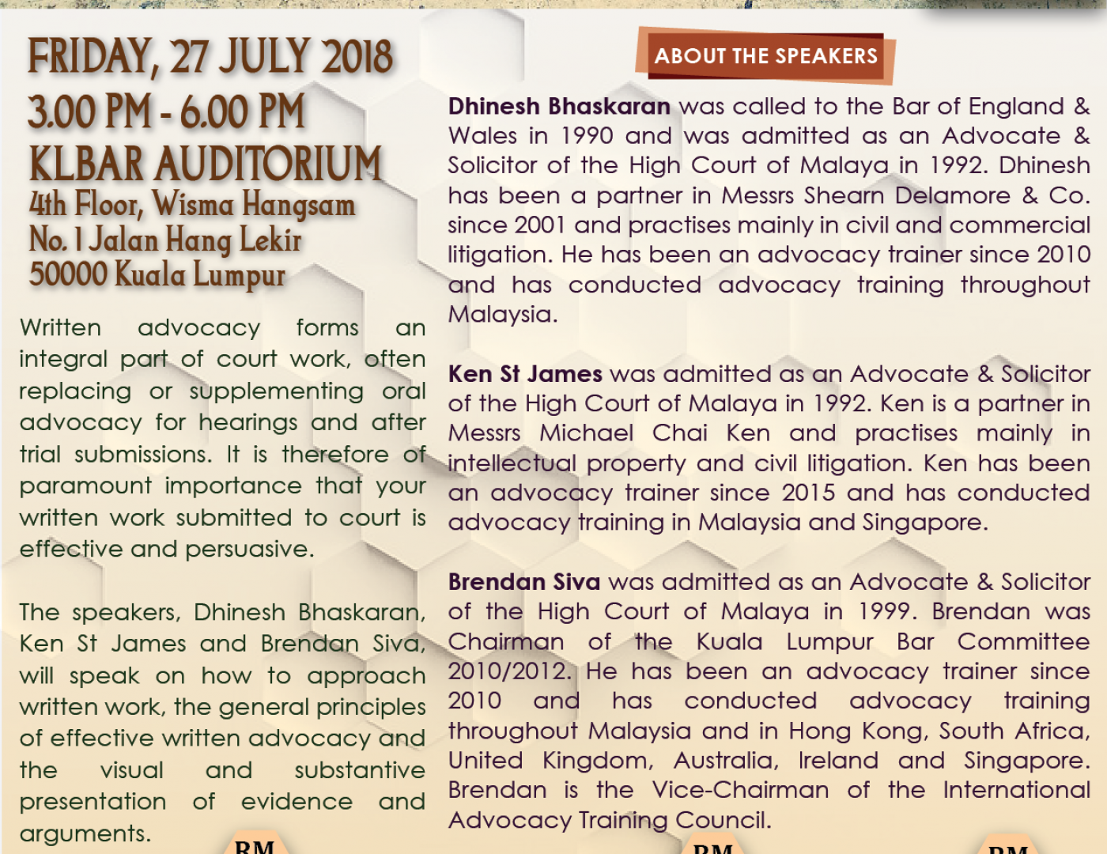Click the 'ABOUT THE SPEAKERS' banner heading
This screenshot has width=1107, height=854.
[765, 56]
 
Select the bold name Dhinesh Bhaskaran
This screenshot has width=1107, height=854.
[559, 106]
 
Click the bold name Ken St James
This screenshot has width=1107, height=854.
[525, 373]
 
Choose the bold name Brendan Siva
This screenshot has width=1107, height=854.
[524, 582]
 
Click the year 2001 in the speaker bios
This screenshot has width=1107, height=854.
[538, 225]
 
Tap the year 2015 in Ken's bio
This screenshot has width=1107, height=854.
[808, 493]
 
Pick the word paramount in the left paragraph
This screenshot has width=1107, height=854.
[85, 486]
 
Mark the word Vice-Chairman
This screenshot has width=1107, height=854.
[740, 790]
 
